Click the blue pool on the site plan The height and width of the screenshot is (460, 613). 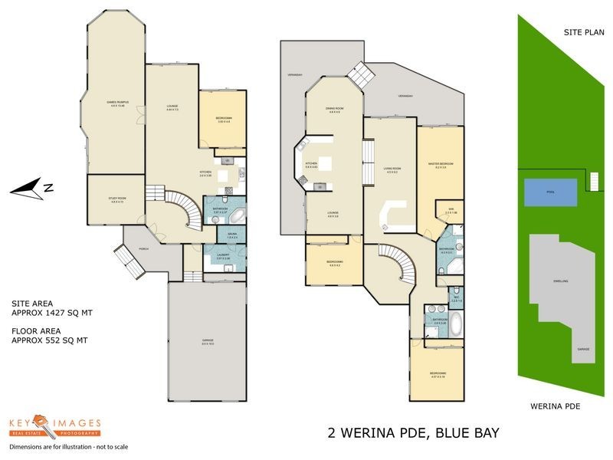(x=550, y=192)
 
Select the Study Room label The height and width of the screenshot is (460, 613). (x=116, y=201)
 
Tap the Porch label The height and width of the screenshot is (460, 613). (x=143, y=249)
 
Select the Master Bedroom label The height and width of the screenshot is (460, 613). (x=441, y=165)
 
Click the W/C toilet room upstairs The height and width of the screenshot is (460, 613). (x=456, y=295)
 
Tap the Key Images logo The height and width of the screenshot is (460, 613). (x=54, y=428)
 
